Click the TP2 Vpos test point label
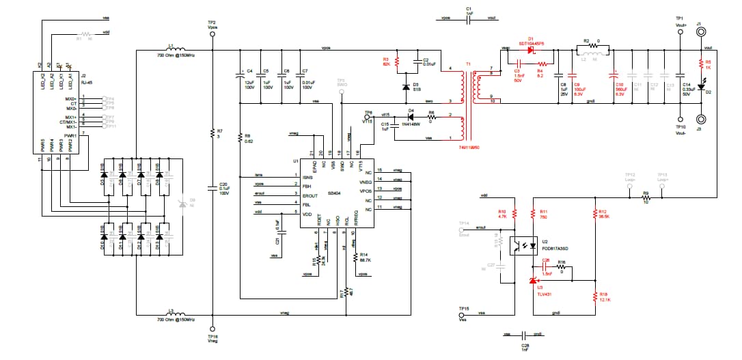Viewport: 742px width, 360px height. point(212,25)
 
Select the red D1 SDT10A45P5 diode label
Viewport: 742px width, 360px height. point(531,41)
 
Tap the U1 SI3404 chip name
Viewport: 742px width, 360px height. point(335,193)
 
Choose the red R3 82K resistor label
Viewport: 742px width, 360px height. point(386,61)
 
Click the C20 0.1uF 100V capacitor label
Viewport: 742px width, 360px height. point(223,188)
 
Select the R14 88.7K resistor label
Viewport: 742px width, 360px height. point(364,257)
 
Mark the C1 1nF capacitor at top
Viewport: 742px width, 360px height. point(469,11)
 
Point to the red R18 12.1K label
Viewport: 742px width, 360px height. point(603,296)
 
